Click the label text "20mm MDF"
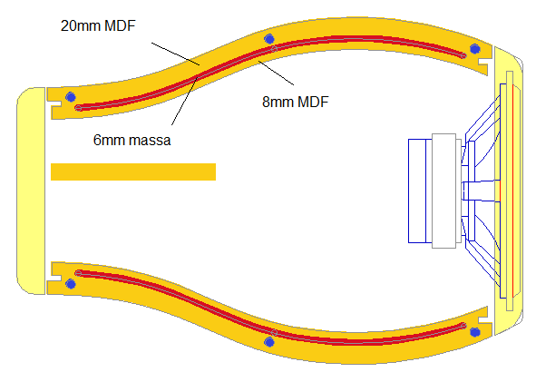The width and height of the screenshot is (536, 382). [98, 25]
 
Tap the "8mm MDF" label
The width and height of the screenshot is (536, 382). [296, 102]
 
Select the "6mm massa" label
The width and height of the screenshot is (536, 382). [132, 141]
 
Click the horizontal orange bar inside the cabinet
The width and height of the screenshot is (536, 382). [133, 171]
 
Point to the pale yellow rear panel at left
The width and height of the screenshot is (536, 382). [31, 191]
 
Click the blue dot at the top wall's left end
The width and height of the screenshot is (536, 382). [71, 97]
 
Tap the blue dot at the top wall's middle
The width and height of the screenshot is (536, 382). [269, 39]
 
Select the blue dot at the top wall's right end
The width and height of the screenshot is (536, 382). [475, 49]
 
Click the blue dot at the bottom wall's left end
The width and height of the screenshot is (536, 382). [71, 284]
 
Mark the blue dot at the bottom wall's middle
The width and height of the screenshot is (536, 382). [269, 342]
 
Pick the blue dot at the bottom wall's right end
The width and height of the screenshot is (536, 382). [475, 332]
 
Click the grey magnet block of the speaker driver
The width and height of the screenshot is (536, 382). [444, 191]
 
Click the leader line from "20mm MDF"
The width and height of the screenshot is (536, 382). [176, 54]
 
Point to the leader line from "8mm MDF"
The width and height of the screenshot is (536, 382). [277, 73]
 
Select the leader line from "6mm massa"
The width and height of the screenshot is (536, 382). [185, 102]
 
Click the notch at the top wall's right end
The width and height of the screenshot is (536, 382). [482, 63]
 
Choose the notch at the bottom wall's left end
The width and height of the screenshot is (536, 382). [56, 277]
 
